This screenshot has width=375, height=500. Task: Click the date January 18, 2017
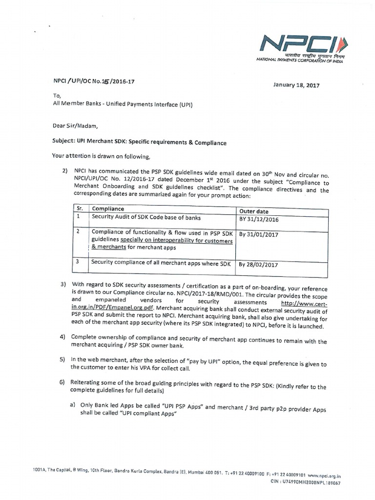(296, 85)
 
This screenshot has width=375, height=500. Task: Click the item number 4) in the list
(62, 337)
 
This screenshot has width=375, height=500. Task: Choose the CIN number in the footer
(318, 482)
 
